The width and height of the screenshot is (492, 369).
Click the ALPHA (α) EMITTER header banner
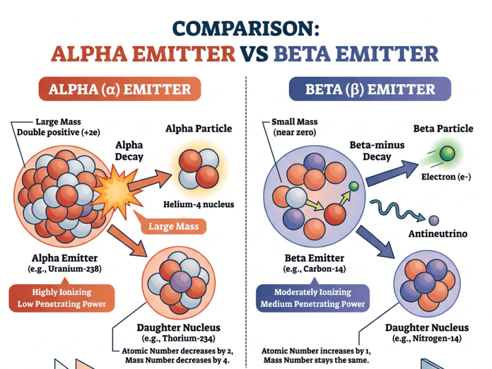tap(119, 89)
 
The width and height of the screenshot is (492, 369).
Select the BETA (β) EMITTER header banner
tap(370, 89)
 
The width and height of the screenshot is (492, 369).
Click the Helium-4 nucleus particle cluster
tap(199, 169)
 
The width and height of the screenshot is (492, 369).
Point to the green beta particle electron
tap(447, 153)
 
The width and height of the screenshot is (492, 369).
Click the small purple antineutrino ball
tap(434, 221)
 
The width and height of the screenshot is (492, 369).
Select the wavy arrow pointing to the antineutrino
tap(397, 210)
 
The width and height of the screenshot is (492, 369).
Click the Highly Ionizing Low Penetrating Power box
tap(62, 298)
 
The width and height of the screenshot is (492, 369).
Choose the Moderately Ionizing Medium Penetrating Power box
tap(313, 298)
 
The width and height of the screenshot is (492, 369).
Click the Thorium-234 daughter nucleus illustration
tap(178, 282)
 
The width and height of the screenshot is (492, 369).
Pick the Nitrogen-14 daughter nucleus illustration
tap(427, 284)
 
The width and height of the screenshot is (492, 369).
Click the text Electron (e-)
tap(446, 177)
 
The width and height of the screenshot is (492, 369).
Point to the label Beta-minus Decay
tap(377, 151)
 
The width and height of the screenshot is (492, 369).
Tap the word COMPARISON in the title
tap(246, 28)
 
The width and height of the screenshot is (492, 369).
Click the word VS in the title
tap(254, 54)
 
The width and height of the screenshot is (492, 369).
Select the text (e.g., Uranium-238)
tap(65, 269)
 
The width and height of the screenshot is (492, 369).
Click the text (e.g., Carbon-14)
tap(314, 269)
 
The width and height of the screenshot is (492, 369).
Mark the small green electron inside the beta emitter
tap(354, 186)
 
